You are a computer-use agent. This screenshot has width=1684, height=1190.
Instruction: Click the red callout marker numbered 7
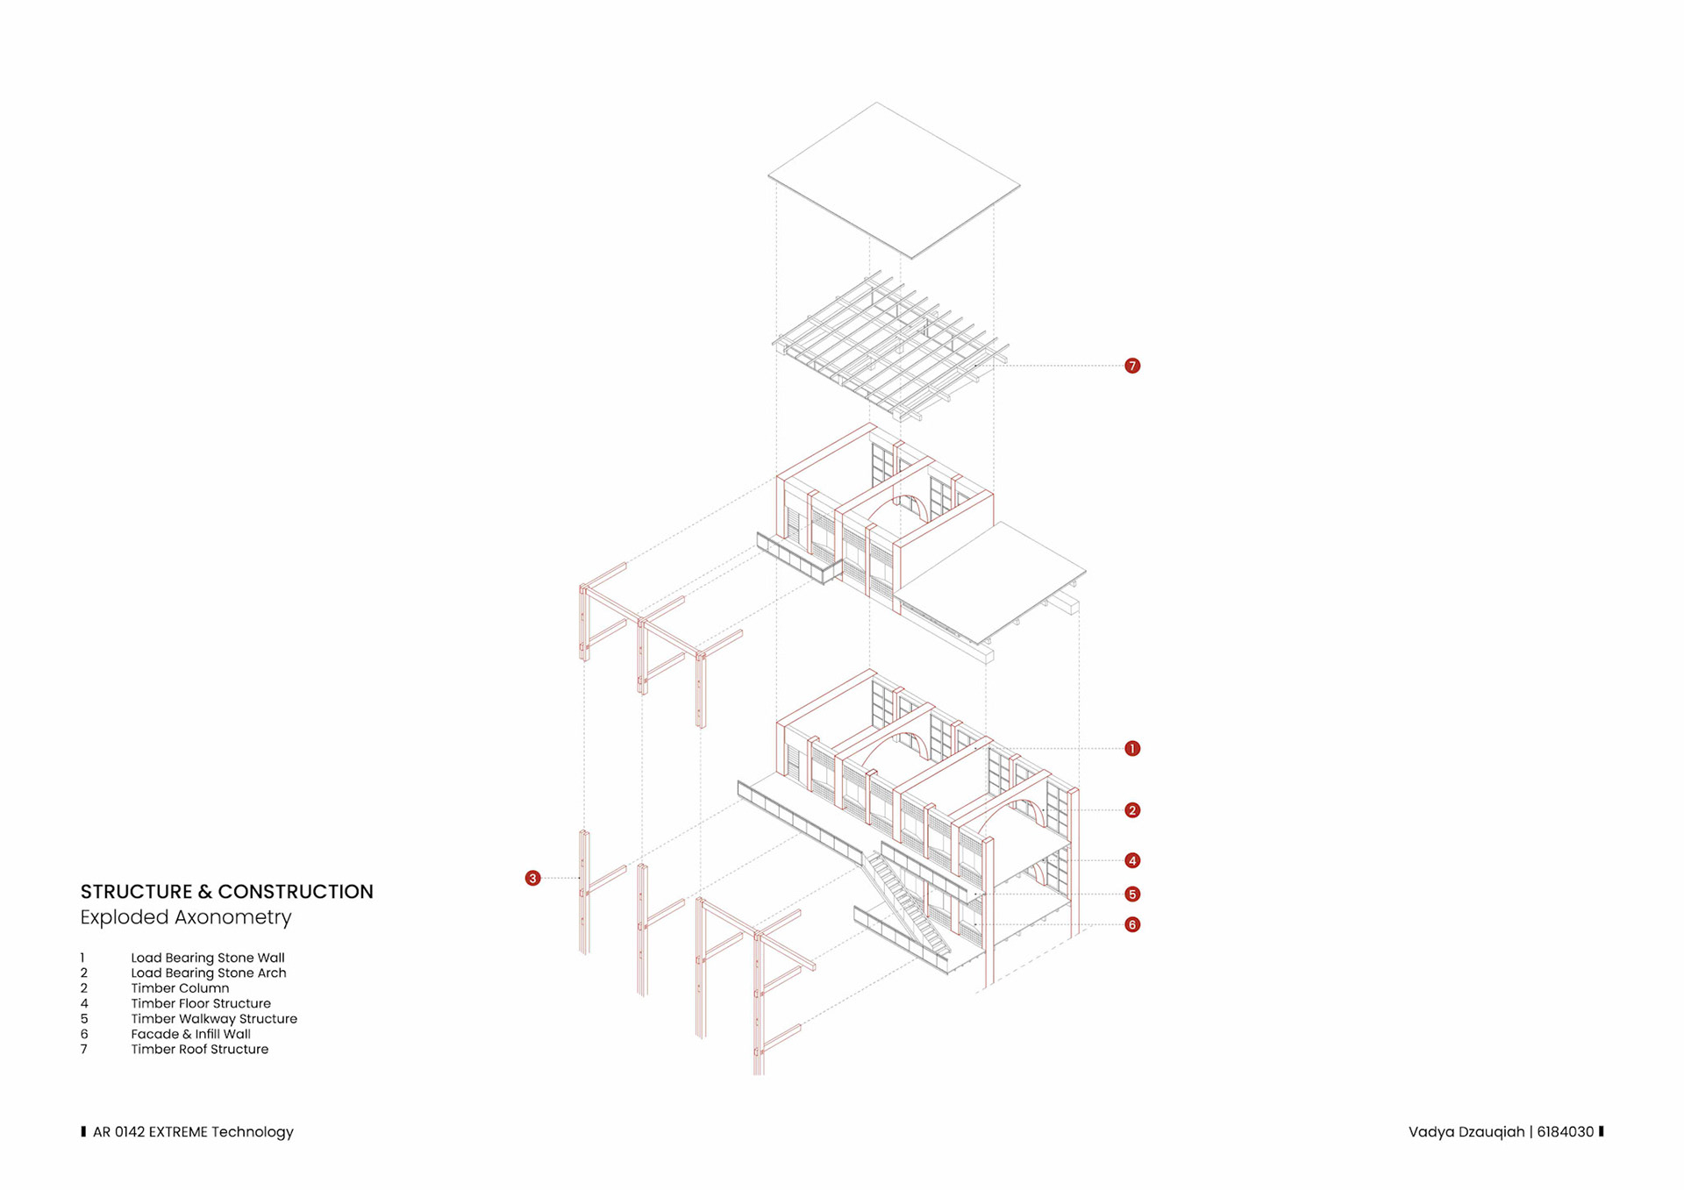pyautogui.click(x=1132, y=366)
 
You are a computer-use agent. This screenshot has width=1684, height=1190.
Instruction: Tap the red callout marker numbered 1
pyautogui.click(x=1132, y=748)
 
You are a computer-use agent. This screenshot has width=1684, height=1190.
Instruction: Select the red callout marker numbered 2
pyautogui.click(x=1132, y=810)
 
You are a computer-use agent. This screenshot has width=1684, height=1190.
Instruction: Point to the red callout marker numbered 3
pyautogui.click(x=532, y=878)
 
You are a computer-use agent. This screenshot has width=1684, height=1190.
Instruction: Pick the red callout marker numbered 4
pyautogui.click(x=1132, y=860)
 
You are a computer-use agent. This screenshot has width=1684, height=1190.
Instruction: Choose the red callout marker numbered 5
pyautogui.click(x=1132, y=894)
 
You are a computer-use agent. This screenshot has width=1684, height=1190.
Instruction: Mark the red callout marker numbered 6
pyautogui.click(x=1132, y=924)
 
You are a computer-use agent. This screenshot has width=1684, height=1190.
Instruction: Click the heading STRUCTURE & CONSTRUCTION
pyautogui.click(x=226, y=892)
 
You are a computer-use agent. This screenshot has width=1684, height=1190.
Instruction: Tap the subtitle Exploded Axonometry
pyautogui.click(x=186, y=917)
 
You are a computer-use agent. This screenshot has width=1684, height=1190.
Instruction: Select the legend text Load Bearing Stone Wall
pyautogui.click(x=208, y=958)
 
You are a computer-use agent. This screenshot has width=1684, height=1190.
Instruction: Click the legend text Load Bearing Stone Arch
pyautogui.click(x=209, y=973)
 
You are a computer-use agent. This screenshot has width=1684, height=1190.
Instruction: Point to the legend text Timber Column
pyautogui.click(x=180, y=988)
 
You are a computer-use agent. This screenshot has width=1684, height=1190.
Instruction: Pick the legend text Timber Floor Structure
pyautogui.click(x=201, y=1003)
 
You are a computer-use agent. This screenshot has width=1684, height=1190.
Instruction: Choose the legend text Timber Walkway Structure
pyautogui.click(x=214, y=1019)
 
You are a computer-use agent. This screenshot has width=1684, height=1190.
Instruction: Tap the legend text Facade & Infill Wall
pyautogui.click(x=191, y=1034)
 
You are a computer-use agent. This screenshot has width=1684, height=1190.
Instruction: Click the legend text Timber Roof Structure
pyautogui.click(x=200, y=1049)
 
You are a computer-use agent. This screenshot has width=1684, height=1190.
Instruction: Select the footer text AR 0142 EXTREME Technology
pyautogui.click(x=193, y=1132)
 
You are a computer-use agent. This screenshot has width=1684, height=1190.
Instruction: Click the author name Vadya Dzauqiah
pyautogui.click(x=1466, y=1132)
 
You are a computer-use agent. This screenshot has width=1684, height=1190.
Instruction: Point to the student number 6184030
pyautogui.click(x=1565, y=1132)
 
